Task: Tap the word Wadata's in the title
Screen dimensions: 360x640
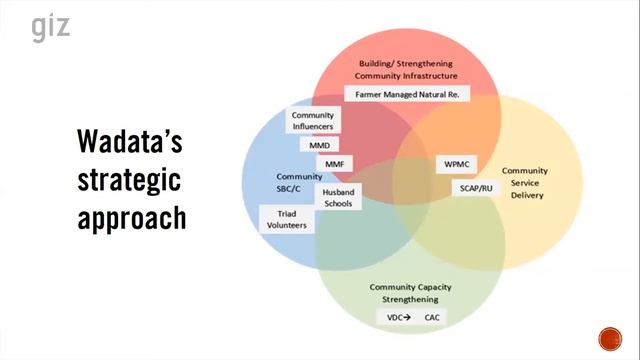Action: point(130,145)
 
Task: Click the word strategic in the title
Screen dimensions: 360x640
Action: point(130,182)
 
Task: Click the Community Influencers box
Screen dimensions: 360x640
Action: point(312,121)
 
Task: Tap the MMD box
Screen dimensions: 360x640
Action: point(319,143)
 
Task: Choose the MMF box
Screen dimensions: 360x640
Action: point(333,163)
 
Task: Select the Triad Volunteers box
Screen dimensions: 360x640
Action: point(285,218)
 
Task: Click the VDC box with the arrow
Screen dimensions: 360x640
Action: point(399,318)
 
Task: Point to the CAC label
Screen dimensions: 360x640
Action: point(432,318)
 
